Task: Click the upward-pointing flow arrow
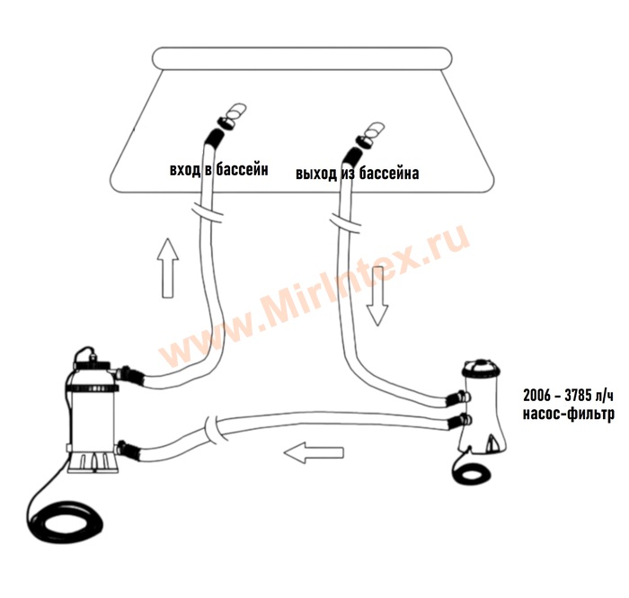click(x=168, y=268)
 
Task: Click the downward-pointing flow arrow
click(x=377, y=296)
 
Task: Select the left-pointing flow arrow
click(x=314, y=452)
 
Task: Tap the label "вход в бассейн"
click(x=219, y=170)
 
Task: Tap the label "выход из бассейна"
click(x=358, y=174)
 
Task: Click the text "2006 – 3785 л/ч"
click(x=568, y=396)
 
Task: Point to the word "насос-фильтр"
click(x=569, y=414)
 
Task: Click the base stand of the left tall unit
click(x=93, y=462)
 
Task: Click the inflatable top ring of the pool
click(x=303, y=59)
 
